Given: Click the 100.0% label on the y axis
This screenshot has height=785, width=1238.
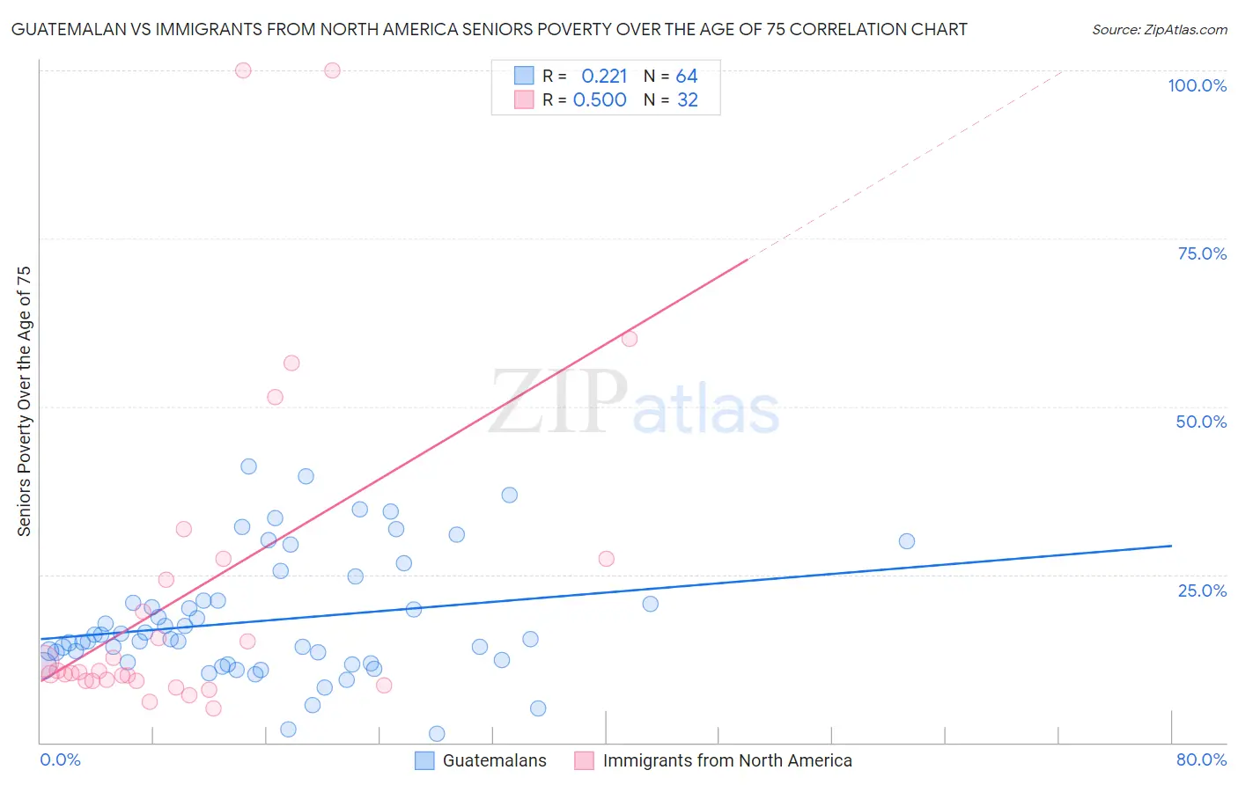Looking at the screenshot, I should click(1197, 85).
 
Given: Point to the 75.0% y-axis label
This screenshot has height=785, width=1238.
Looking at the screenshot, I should click(1202, 253).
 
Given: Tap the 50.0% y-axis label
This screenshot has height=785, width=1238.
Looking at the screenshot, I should click(1201, 422).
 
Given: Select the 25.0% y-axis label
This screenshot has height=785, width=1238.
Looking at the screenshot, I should click(1202, 591).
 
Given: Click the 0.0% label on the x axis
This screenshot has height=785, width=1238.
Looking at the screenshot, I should click(60, 759).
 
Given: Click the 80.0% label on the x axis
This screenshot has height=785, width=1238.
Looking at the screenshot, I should click(1201, 759).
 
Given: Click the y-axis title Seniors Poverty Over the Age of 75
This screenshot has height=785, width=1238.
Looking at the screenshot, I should click(24, 401).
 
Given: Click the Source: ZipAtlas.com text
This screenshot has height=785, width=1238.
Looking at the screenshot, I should click(1159, 29).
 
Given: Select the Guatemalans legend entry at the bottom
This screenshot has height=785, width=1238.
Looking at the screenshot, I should click(494, 760).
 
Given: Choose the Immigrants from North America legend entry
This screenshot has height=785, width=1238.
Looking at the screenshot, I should click(726, 760).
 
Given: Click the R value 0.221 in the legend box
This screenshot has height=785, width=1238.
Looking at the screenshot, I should click(604, 77).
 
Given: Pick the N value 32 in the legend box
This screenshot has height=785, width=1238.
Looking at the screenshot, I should click(687, 100).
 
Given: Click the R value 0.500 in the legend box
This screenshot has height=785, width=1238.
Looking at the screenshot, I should click(600, 100).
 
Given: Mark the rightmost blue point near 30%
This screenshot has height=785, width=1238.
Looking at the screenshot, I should click(907, 541).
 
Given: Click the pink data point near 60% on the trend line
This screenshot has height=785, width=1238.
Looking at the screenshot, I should click(630, 339).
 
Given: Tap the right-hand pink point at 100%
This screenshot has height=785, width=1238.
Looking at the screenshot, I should click(332, 70).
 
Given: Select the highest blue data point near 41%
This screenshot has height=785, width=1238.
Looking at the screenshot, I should click(248, 466).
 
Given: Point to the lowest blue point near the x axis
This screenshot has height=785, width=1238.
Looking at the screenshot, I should click(437, 734).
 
